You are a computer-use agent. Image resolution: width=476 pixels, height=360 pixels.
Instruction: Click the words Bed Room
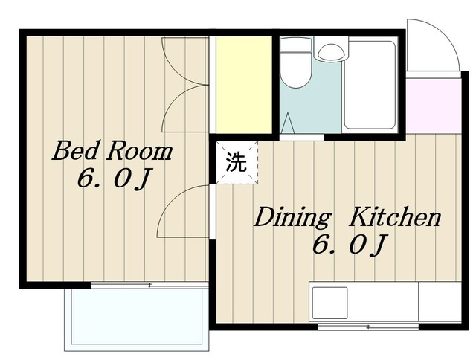[x=112, y=151]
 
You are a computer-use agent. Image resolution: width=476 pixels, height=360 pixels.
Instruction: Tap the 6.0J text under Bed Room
[x=114, y=179]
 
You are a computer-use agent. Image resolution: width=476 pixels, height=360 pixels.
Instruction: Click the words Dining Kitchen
[x=347, y=217]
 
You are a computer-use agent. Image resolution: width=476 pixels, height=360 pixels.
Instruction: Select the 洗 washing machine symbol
[x=237, y=163]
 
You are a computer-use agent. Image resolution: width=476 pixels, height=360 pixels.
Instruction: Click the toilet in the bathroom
[x=295, y=63]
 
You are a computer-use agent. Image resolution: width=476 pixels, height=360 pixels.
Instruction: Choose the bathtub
[x=370, y=85]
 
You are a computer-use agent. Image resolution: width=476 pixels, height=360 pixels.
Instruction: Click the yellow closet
[x=243, y=85]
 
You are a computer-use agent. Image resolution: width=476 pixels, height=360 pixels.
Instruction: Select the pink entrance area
[x=433, y=106]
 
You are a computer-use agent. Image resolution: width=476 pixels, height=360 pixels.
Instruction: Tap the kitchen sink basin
[x=330, y=303]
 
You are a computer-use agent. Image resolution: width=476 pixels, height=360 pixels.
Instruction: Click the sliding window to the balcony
[x=149, y=286]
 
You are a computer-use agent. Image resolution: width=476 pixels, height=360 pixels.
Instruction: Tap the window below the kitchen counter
[x=368, y=327]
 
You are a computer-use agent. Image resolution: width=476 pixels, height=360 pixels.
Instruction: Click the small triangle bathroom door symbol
[x=288, y=123]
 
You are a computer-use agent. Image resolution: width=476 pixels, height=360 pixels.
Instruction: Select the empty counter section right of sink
[x=440, y=301]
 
